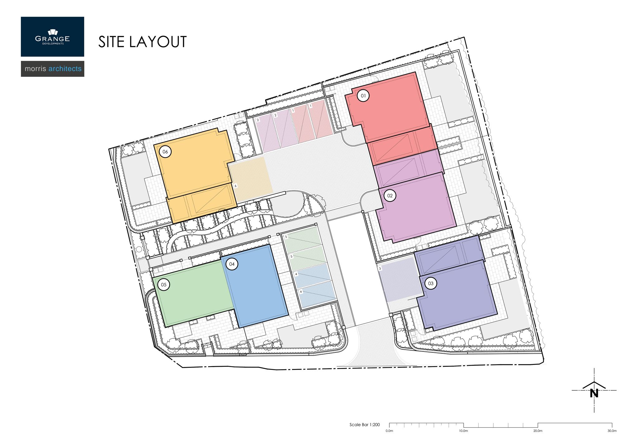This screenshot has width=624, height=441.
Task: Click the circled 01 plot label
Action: coord(363,95)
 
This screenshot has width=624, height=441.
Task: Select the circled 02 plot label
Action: coord(390,196)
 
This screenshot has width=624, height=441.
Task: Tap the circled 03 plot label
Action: coord(431,283)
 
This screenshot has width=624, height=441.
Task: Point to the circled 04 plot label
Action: coord(232,264)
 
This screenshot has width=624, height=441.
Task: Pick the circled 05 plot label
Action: coord(163,284)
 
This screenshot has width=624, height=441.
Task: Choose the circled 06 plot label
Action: coord(165,152)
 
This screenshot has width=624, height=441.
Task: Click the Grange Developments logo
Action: coord(52,37)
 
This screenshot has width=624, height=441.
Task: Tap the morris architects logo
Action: coord(52,69)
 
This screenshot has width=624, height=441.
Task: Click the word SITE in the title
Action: coord(111,42)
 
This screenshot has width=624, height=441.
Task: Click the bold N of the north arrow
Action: coord(594,393)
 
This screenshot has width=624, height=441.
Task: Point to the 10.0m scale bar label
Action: coord(463,431)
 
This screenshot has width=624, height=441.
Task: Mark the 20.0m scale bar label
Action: coord(538,431)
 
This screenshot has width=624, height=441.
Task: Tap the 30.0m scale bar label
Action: coord(612,431)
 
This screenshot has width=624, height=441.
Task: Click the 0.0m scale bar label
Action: coord(389,431)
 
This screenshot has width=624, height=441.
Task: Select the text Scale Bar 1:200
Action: coord(364,424)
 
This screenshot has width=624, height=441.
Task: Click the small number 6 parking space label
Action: coord(236,186)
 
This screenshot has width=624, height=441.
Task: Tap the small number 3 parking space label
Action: coord(380,269)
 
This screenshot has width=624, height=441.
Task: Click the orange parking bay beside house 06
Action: coord(250,179)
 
